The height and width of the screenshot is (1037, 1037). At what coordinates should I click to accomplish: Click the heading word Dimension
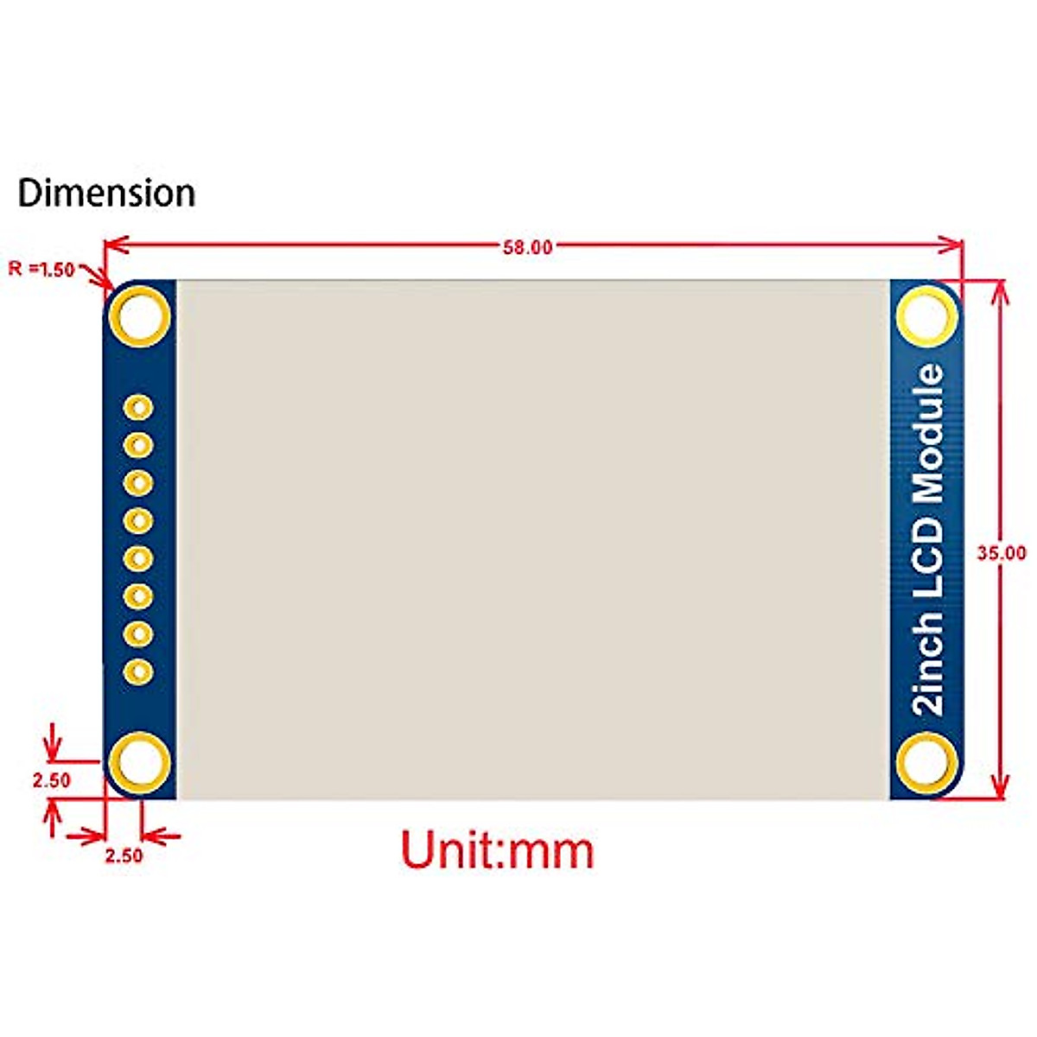coord(106,193)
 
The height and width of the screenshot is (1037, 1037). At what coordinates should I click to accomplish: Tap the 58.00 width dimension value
coord(527,247)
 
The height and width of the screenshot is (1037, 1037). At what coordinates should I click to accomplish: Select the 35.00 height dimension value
coord(1001,553)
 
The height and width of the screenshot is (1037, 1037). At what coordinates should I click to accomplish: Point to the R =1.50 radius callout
coord(41,269)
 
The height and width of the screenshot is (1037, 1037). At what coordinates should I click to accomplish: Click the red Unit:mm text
coord(498,850)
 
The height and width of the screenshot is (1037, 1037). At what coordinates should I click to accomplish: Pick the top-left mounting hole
coord(138,316)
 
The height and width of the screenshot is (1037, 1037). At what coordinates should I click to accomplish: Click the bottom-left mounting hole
coord(138,763)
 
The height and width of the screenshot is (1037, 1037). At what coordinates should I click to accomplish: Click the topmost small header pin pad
coord(138,407)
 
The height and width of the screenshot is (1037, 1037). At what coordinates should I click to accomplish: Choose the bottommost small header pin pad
coord(138,671)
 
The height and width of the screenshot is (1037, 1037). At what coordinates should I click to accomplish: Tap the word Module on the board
coord(930,434)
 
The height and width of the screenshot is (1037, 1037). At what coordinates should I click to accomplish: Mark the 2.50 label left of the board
coord(51,780)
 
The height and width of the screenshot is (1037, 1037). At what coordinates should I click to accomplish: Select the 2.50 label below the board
coord(124,856)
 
